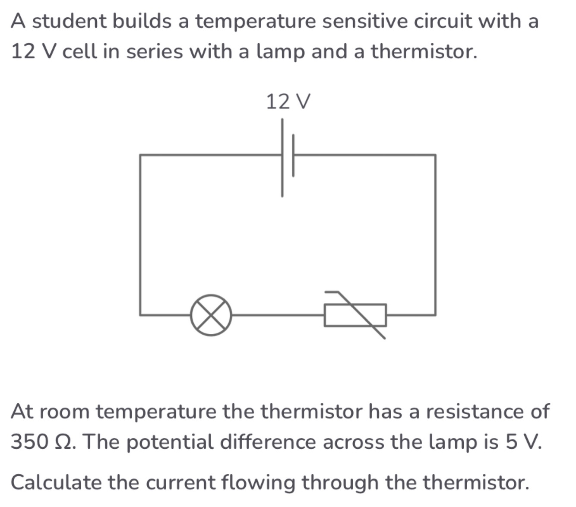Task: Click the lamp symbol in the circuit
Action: [211, 315]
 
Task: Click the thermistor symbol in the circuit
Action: [355, 315]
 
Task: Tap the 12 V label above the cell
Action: [288, 102]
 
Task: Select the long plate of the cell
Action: [282, 158]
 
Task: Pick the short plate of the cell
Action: [293, 155]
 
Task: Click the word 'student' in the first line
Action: [71, 21]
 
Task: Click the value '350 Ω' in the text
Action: [43, 441]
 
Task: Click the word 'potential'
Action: [170, 441]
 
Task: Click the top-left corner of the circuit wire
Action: [140, 155]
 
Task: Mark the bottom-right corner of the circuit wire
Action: [435, 315]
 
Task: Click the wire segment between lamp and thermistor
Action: [278, 315]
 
